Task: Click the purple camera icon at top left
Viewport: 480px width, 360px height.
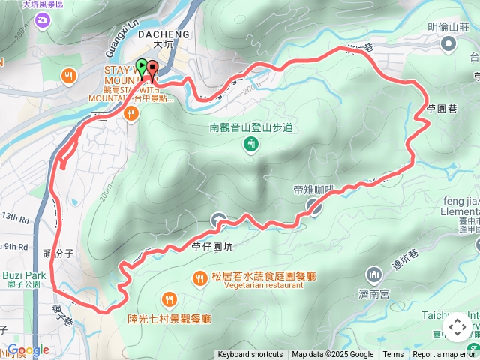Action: click(42, 19)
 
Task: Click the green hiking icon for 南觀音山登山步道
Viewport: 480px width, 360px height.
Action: click(250, 144)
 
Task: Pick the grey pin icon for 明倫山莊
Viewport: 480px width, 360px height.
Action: click(448, 45)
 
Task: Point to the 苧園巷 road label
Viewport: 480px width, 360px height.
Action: click(442, 109)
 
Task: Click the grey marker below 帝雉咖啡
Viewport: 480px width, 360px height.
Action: click(314, 206)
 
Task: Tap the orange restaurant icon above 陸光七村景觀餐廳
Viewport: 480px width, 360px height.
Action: click(169, 300)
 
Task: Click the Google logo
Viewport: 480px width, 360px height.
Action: click(28, 350)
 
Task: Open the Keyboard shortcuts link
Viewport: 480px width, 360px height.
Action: click(250, 355)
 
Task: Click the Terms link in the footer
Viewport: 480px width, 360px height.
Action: click(393, 355)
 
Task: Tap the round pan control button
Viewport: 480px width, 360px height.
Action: click(457, 328)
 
